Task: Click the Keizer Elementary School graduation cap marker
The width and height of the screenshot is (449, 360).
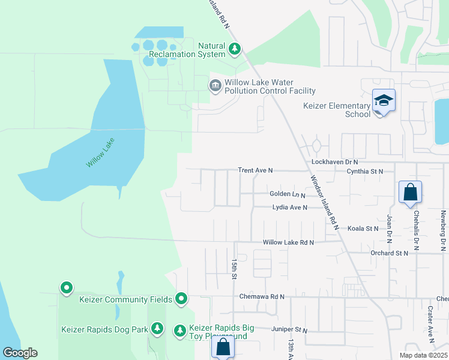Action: pyautogui.click(x=384, y=100)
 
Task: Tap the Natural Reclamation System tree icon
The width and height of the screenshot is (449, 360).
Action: pyautogui.click(x=236, y=49)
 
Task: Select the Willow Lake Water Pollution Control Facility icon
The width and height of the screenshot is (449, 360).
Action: pyautogui.click(x=215, y=86)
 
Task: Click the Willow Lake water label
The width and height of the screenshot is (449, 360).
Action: pyautogui.click(x=100, y=152)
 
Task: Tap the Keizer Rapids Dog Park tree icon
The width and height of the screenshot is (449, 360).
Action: pyautogui.click(x=157, y=328)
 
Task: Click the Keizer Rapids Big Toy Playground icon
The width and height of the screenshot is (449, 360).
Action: pyautogui.click(x=179, y=330)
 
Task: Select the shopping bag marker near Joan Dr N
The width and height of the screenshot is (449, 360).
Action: pyautogui.click(x=410, y=192)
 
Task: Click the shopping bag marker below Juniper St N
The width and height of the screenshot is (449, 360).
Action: pyautogui.click(x=223, y=346)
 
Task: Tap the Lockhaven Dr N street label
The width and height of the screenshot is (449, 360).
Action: pyautogui.click(x=334, y=162)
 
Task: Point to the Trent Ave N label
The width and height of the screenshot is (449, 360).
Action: pyautogui.click(x=255, y=170)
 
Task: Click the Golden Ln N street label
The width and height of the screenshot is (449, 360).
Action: pyautogui.click(x=288, y=194)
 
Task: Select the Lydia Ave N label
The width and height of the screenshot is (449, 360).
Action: pyautogui.click(x=289, y=208)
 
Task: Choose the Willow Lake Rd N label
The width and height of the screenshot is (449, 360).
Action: pyautogui.click(x=289, y=242)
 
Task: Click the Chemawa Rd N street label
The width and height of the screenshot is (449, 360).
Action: pyautogui.click(x=261, y=296)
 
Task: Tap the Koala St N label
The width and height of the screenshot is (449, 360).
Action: pyautogui.click(x=363, y=229)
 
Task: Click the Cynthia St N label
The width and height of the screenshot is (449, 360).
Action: pyautogui.click(x=365, y=171)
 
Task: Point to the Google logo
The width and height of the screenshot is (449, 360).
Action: pyautogui.click(x=20, y=353)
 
